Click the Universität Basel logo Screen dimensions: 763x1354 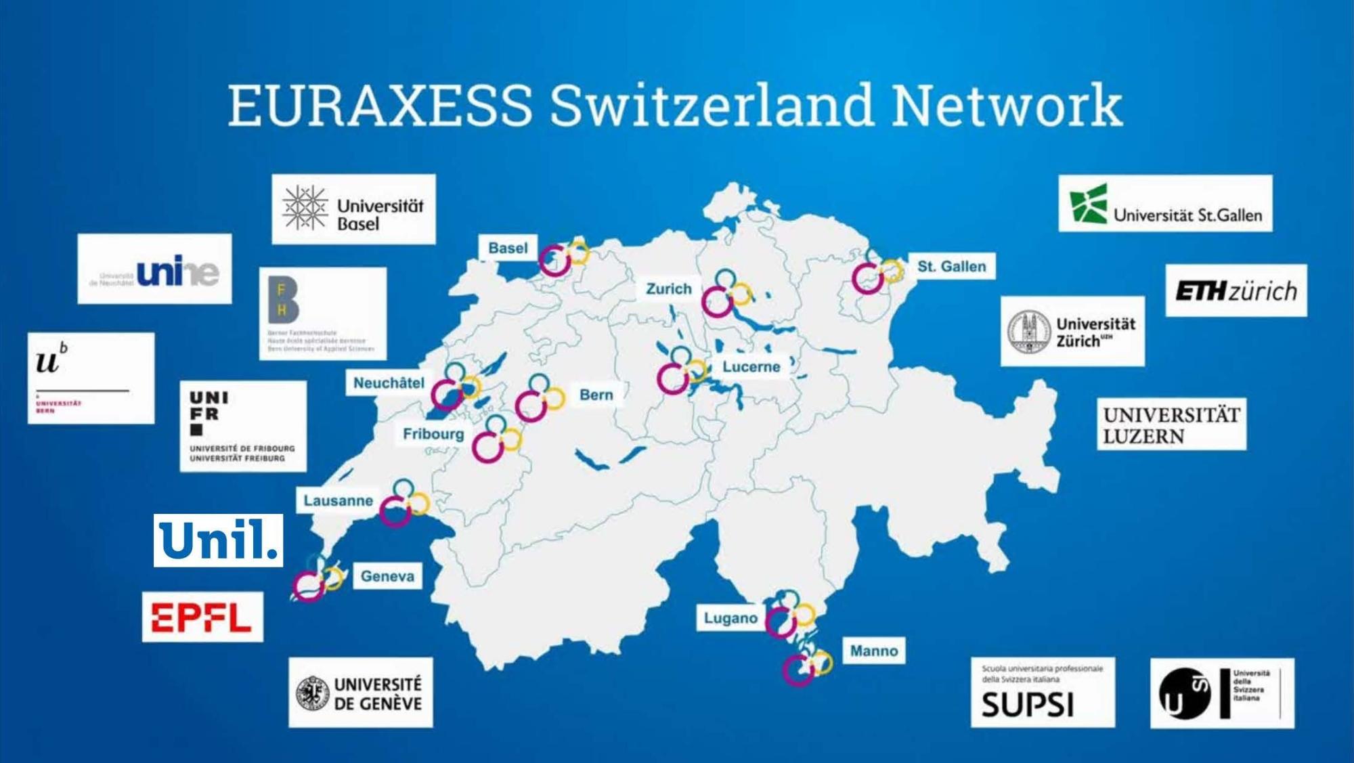[x=353, y=209]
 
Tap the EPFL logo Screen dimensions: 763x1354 [x=202, y=617]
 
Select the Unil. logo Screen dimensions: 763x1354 [x=218, y=540]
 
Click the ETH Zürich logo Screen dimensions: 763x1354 [x=1236, y=290]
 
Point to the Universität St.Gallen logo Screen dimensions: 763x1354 [x=1165, y=203]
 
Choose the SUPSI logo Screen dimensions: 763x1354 [x=1042, y=693]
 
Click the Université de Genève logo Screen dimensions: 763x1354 [x=360, y=693]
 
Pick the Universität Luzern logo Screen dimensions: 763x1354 [x=1171, y=424]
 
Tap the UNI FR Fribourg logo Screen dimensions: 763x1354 [x=243, y=426]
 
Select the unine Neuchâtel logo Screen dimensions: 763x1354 [x=154, y=269]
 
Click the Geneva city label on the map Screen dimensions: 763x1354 [x=387, y=576]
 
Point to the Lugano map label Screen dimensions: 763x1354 [x=730, y=618]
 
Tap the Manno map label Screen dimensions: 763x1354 [x=873, y=651]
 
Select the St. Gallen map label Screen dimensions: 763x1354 [x=951, y=267]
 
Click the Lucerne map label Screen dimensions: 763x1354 [x=751, y=367]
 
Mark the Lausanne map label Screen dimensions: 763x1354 [x=338, y=501]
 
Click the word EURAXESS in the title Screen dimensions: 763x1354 [x=380, y=106]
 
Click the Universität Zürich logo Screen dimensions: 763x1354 [x=1072, y=331]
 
